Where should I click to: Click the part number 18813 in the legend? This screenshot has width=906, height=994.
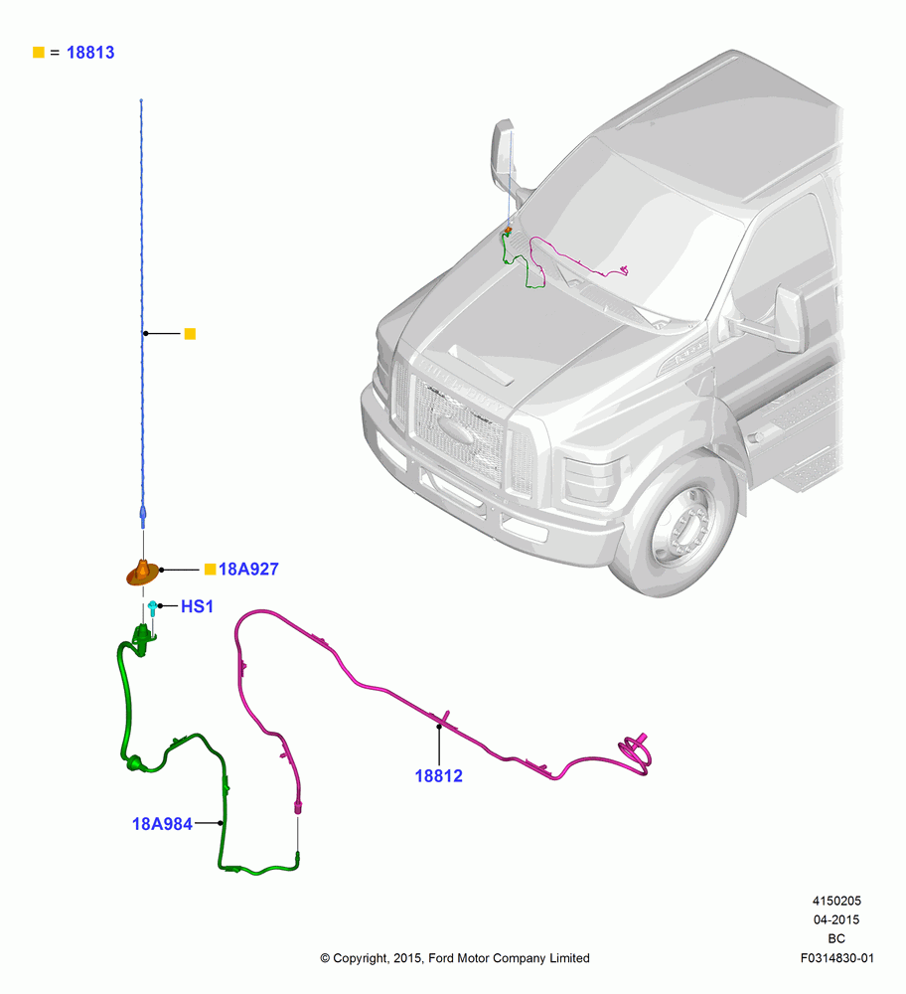90,53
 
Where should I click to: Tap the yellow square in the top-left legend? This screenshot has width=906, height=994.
39,52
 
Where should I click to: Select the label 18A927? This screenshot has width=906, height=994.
248,570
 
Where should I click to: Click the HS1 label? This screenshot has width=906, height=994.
197,606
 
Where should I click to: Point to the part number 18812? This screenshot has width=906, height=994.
438,776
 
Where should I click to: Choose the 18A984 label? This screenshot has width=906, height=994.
162,824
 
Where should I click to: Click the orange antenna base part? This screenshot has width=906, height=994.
143,574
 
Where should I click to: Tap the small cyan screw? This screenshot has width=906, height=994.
152,608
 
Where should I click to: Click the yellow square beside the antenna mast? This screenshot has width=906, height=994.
190,333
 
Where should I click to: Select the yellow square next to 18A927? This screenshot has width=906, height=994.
211,570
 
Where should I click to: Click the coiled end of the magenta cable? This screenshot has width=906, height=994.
636,752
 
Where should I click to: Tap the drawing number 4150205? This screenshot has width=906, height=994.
836,901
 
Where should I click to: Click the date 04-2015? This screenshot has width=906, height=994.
836,919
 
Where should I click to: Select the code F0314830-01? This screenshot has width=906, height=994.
836,958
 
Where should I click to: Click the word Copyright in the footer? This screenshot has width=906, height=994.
360,958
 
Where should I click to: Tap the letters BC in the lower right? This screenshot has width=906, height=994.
836,939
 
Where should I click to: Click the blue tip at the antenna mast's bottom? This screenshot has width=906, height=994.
142,517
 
